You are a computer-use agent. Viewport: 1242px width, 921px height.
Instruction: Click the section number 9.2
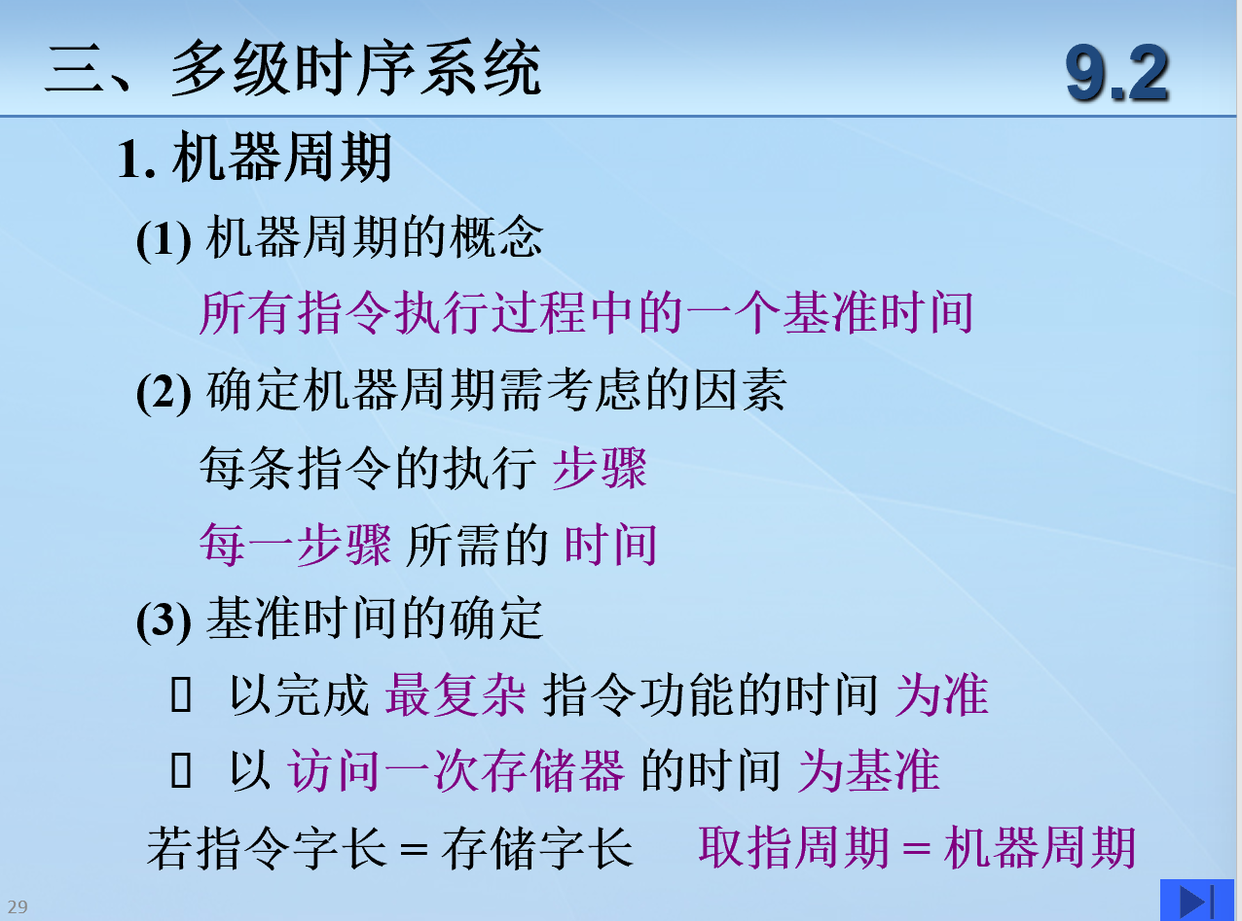pyautogui.click(x=1116, y=73)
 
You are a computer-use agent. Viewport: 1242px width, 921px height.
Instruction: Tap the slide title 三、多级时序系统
pyautogui.click(x=293, y=68)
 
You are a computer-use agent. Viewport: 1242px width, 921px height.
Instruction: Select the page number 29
pyautogui.click(x=18, y=906)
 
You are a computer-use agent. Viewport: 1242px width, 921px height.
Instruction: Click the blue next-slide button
pyautogui.click(x=1196, y=900)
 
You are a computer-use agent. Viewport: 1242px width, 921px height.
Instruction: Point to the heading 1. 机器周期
pyautogui.click(x=254, y=158)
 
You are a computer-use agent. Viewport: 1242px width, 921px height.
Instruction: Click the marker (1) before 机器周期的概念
pyautogui.click(x=164, y=238)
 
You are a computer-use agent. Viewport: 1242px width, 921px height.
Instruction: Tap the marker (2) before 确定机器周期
pyautogui.click(x=164, y=392)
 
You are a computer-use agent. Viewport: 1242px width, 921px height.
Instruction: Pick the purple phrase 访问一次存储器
pyautogui.click(x=456, y=770)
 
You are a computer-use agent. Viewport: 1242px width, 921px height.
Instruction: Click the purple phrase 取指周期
pyautogui.click(x=793, y=847)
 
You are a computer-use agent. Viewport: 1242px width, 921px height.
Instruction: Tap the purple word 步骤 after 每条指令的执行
pyautogui.click(x=600, y=468)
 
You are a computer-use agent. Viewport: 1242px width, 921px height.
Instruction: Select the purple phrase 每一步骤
pyautogui.click(x=295, y=544)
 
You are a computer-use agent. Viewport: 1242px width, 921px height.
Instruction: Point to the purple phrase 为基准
pyautogui.click(x=868, y=770)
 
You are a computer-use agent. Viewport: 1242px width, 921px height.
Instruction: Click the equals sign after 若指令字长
pyautogui.click(x=414, y=850)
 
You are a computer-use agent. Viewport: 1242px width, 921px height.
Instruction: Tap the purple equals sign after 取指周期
pyautogui.click(x=917, y=850)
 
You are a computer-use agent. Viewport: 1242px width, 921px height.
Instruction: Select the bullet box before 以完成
pyautogui.click(x=181, y=694)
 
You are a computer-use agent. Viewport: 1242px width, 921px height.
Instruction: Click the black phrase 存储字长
pyautogui.click(x=537, y=847)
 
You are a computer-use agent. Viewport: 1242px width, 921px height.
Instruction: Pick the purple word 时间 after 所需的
pyautogui.click(x=610, y=544)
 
